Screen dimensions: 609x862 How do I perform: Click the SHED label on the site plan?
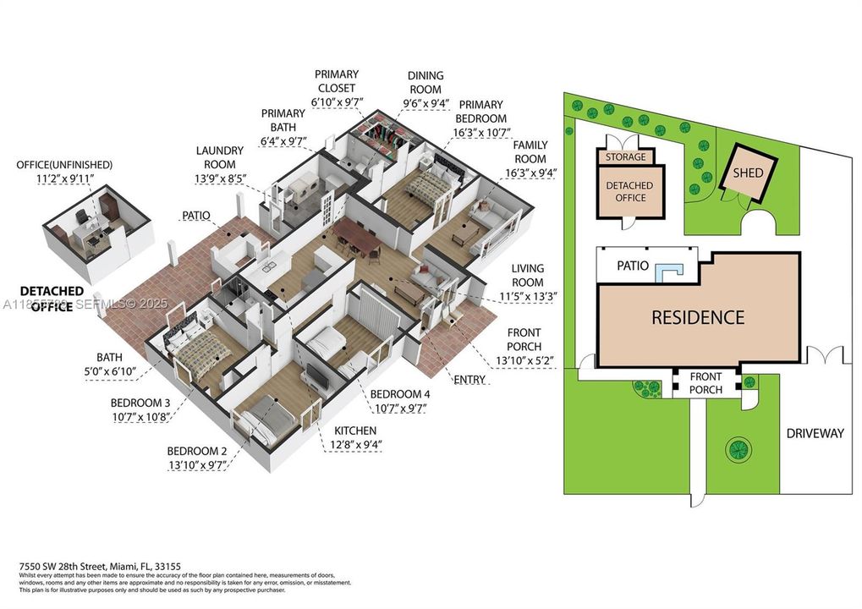click(x=748, y=173)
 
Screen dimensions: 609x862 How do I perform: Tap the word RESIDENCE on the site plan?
click(x=697, y=318)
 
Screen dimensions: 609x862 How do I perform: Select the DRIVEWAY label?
click(x=815, y=433)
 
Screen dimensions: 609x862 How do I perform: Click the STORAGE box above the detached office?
click(x=625, y=156)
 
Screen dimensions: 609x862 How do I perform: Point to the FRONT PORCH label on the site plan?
click(x=706, y=383)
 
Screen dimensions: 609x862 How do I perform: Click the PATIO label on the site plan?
click(x=632, y=266)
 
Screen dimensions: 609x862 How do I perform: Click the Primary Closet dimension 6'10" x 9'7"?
click(x=336, y=101)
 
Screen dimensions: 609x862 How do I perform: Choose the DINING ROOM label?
click(x=426, y=82)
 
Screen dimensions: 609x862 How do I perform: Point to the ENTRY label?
click(x=469, y=380)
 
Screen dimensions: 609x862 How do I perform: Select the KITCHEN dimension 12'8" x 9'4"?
click(x=354, y=445)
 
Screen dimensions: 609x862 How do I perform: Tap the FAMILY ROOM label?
click(x=530, y=152)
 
